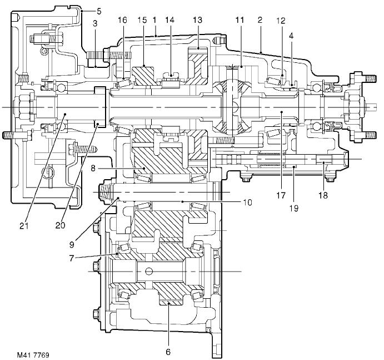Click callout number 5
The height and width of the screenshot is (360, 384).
pos(99,10)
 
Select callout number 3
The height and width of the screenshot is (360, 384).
pos(96,23)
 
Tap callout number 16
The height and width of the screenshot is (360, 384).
pos(123,20)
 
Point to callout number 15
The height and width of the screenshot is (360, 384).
pos(143,20)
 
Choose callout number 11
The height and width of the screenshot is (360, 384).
pos(240,20)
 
